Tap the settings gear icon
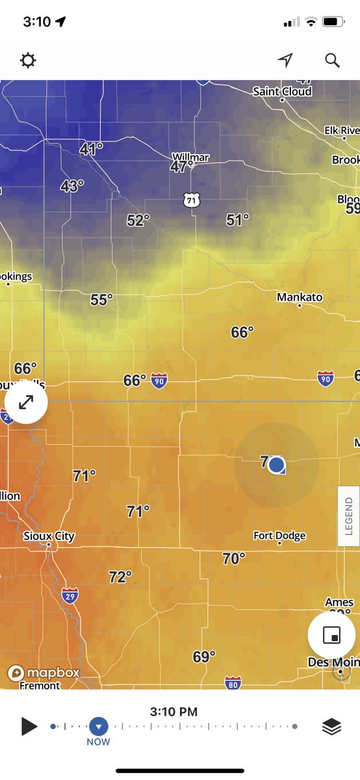click(28, 61)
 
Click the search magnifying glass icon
click(332, 60)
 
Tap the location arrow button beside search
click(285, 60)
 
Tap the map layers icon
click(331, 727)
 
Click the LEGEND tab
click(349, 516)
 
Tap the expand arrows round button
click(26, 403)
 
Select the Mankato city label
click(300, 297)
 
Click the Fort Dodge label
click(279, 536)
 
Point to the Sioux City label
click(49, 537)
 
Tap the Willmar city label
click(190, 157)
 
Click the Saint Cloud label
click(282, 92)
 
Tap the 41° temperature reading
click(91, 149)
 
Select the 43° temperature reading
click(71, 187)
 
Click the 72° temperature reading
click(120, 577)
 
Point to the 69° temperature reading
click(204, 657)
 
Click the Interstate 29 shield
click(71, 595)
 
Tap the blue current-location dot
click(277, 464)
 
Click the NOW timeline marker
click(98, 727)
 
